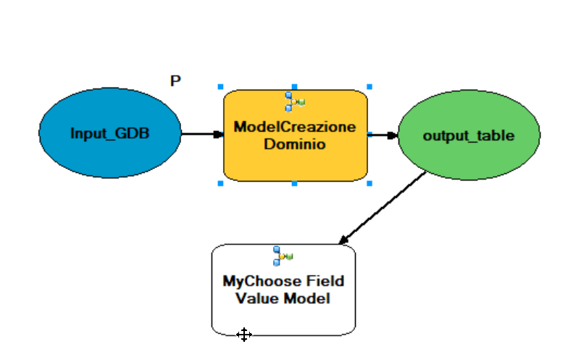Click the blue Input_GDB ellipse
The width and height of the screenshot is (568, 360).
[x=110, y=133]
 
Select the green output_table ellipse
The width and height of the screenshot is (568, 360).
[x=469, y=135]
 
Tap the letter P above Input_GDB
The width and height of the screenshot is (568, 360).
[x=175, y=81]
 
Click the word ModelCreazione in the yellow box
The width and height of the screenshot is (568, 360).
[x=295, y=127]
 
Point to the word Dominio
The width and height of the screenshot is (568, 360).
[x=295, y=144]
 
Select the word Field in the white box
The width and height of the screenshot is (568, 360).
[x=325, y=281]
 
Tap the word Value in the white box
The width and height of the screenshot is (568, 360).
[x=258, y=298]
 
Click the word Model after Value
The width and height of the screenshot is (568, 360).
[x=306, y=298]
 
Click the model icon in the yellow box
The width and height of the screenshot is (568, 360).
[x=295, y=101]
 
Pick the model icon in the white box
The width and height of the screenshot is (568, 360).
[x=283, y=256]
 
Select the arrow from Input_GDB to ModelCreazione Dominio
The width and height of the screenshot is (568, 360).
[x=203, y=135]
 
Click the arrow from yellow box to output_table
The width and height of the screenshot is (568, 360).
[x=383, y=135]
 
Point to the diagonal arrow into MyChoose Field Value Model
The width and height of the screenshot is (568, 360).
[x=383, y=207]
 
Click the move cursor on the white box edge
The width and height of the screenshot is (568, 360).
[x=244, y=335]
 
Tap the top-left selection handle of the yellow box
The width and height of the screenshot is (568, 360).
[x=220, y=87]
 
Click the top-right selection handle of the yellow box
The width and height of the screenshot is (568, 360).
[x=369, y=87]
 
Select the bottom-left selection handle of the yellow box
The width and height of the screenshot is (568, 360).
[x=220, y=184]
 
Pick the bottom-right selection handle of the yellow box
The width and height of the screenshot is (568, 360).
[x=369, y=184]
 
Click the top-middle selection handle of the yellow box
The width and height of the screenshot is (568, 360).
[x=294, y=87]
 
